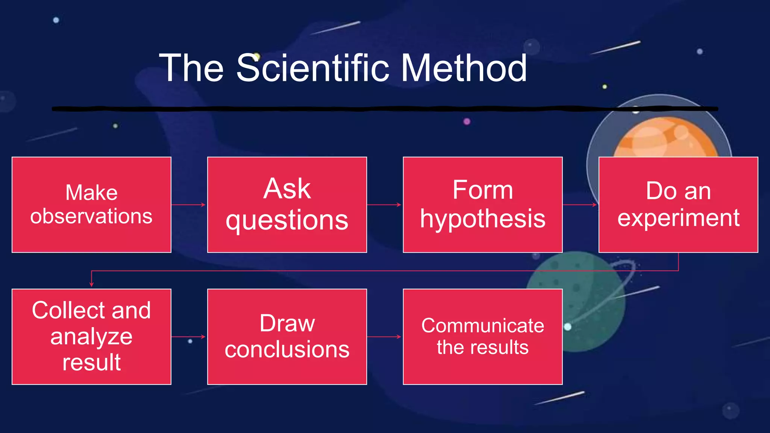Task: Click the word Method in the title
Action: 464,68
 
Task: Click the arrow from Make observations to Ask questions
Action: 189,205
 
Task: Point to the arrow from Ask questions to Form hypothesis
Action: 384,205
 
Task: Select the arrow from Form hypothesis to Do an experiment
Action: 580,205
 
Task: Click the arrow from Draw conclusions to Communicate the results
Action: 384,337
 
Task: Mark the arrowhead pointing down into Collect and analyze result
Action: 91,285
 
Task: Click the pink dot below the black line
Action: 467,121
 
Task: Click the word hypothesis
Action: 483,219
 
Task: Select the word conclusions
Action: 287,350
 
